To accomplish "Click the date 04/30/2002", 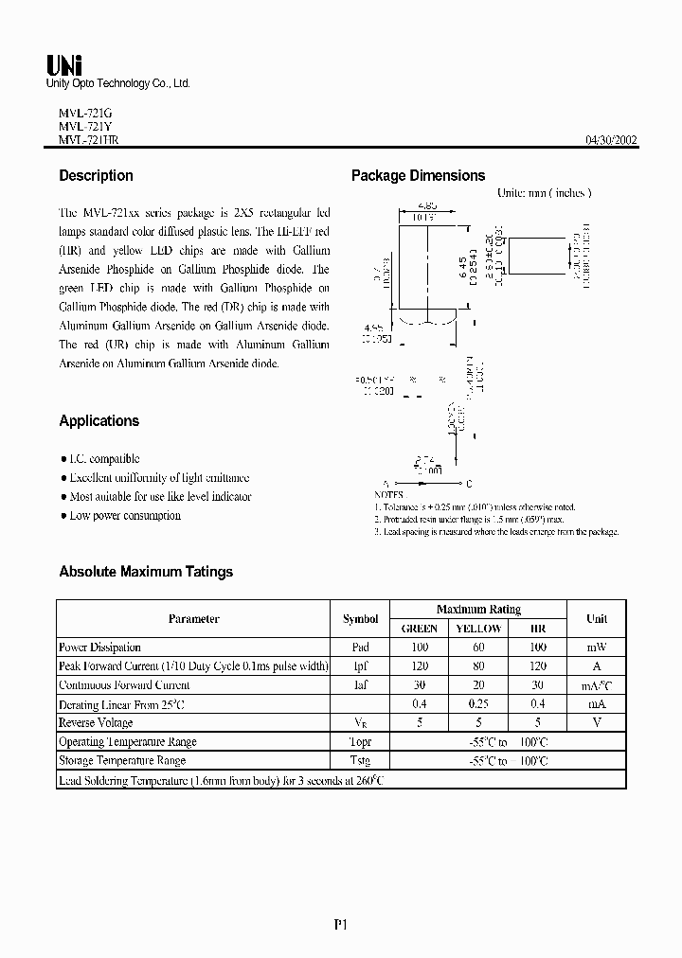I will [611, 140].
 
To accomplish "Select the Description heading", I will [96, 175].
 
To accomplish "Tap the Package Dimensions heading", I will [418, 175].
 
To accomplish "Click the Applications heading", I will [99, 420].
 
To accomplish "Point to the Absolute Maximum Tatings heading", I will [146, 571].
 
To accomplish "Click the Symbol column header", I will [360, 618].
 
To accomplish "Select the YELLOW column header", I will [478, 628].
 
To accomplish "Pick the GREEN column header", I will [420, 628].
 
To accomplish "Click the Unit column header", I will [597, 618].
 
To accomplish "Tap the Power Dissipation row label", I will [99, 648].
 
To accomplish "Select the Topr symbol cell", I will [360, 741].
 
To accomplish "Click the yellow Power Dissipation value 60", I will [478, 648].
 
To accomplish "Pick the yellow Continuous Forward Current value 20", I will [478, 685].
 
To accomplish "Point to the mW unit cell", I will [597, 648].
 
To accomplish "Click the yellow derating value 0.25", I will [478, 704].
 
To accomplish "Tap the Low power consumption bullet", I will [124, 515].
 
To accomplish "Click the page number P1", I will [341, 923].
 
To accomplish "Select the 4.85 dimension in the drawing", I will [427, 204].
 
